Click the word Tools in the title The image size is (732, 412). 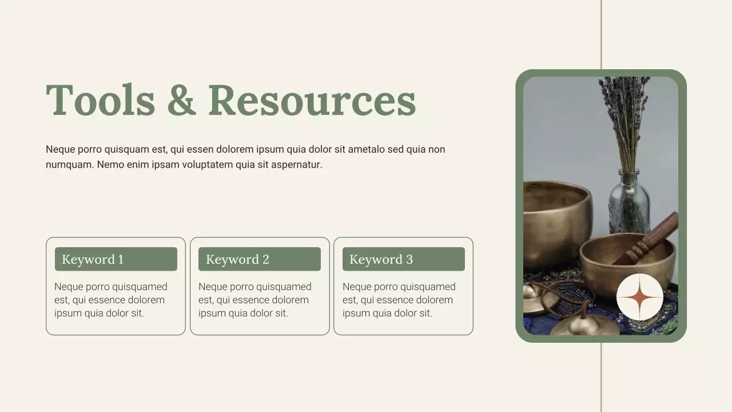(x=100, y=100)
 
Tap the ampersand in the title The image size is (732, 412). (x=181, y=100)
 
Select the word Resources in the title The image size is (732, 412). (x=312, y=100)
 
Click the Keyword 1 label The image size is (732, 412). (x=93, y=259)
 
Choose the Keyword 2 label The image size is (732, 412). (x=237, y=259)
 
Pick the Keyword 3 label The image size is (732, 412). (x=381, y=259)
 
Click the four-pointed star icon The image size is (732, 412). (x=640, y=297)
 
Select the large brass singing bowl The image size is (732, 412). (x=555, y=220)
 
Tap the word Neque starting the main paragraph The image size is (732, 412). (x=59, y=150)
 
